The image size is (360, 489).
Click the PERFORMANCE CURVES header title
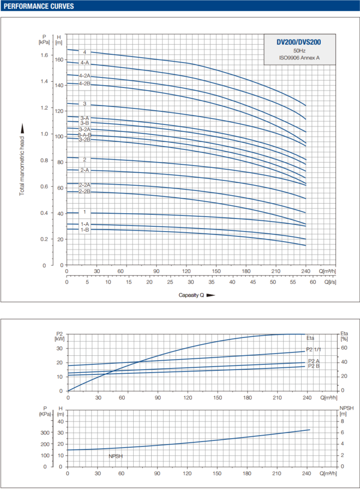click(38, 7)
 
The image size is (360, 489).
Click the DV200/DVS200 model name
click(299, 41)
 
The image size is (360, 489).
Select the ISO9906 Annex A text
click(299, 58)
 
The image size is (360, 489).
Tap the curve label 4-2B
click(85, 84)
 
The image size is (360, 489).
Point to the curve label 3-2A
click(85, 129)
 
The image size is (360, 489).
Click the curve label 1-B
click(85, 229)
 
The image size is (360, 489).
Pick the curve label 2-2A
click(85, 185)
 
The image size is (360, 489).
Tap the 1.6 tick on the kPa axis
click(44, 55)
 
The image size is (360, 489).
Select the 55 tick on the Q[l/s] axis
click(293, 283)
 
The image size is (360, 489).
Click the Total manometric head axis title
click(22, 159)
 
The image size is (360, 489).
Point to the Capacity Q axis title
click(190, 295)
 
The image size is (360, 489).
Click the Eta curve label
click(310, 338)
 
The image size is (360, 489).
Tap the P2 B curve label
click(314, 366)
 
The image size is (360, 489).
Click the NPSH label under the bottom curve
click(116, 456)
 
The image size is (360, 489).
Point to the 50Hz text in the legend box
click(299, 50)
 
